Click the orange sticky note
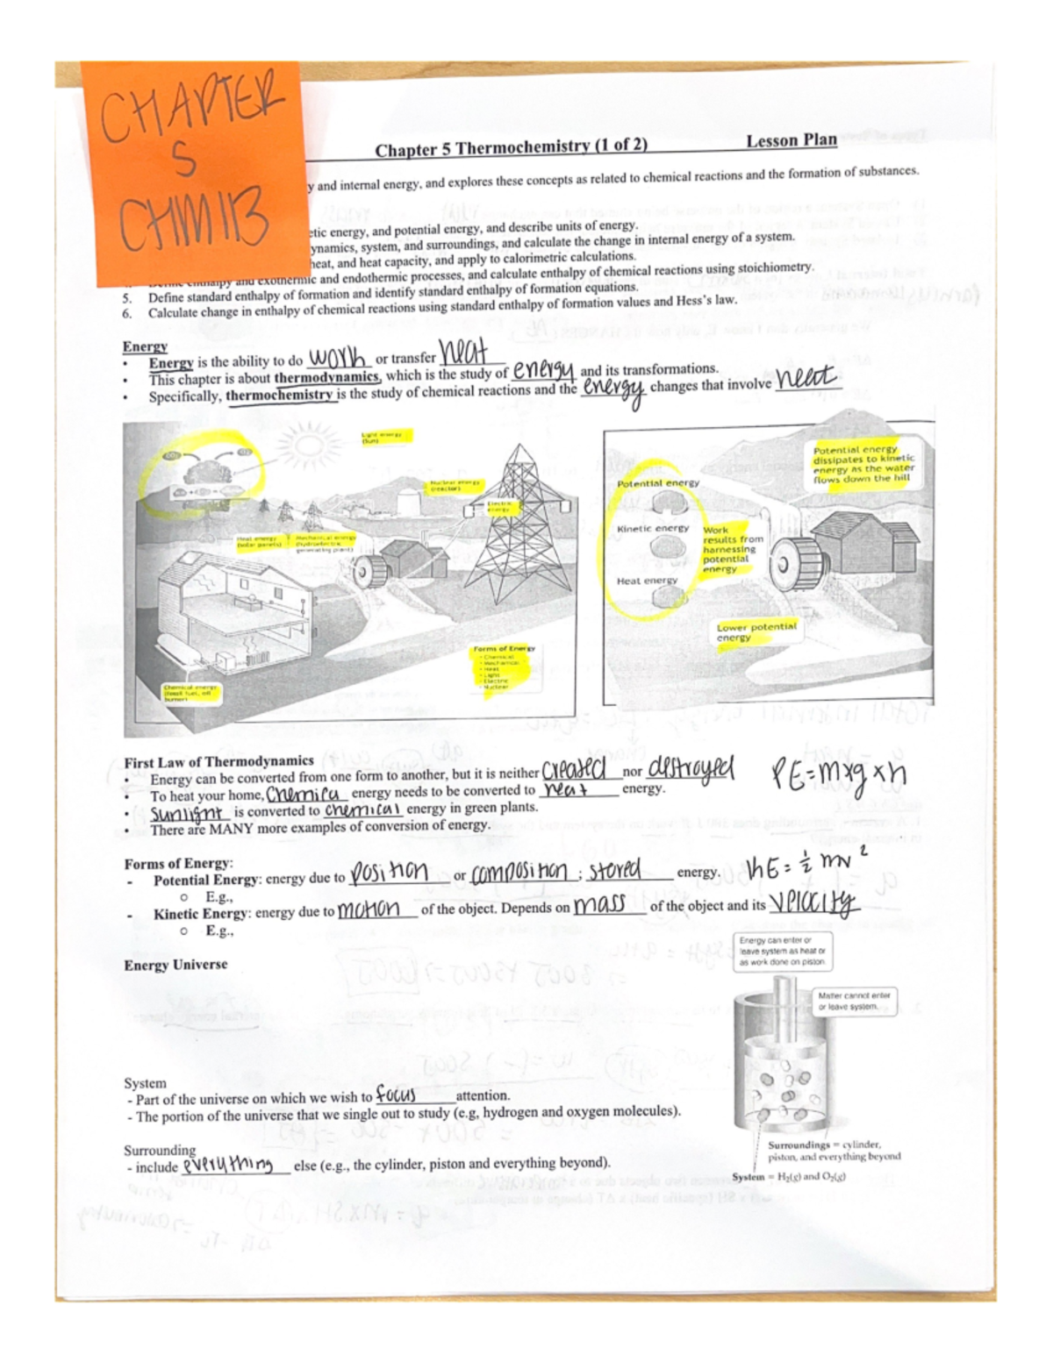(193, 171)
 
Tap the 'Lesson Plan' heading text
(791, 141)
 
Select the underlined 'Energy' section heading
(145, 346)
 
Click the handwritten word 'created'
(580, 771)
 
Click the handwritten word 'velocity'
(813, 904)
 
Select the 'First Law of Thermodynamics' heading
(218, 761)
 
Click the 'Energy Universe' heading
(175, 965)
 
